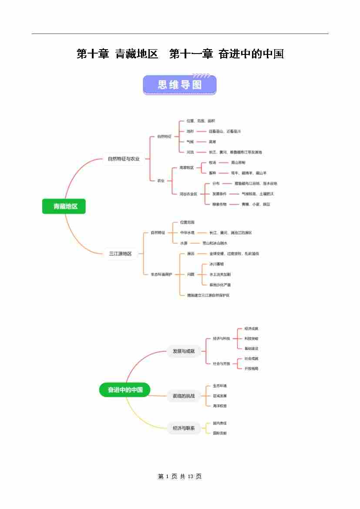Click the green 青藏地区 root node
click(x=64, y=206)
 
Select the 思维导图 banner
click(x=179, y=84)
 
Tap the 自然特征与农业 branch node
click(x=124, y=159)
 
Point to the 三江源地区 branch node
click(x=120, y=254)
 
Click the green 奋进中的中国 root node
click(x=125, y=389)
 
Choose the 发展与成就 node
click(x=183, y=351)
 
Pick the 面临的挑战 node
click(x=183, y=396)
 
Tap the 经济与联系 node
click(x=183, y=428)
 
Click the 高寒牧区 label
click(x=187, y=168)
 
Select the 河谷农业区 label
click(x=188, y=194)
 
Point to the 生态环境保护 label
click(x=161, y=274)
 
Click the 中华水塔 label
click(x=187, y=233)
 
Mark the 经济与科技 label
click(x=221, y=338)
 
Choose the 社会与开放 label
click(x=221, y=364)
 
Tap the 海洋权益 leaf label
click(x=220, y=406)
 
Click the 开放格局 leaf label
click(x=251, y=369)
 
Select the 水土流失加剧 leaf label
click(x=220, y=274)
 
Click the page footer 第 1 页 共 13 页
click(x=180, y=477)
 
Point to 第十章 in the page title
click(x=92, y=54)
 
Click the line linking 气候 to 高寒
click(x=201, y=142)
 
